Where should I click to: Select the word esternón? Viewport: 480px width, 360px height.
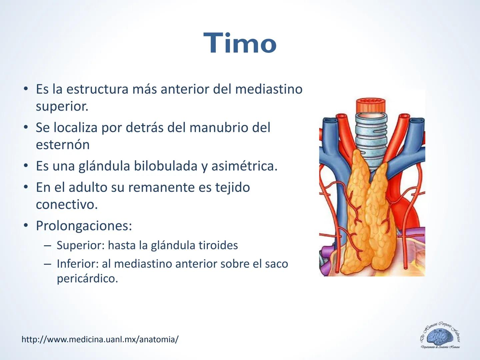(x=63, y=145)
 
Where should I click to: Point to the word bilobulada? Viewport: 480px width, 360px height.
(x=165, y=166)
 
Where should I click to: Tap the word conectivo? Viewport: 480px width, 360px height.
(x=66, y=205)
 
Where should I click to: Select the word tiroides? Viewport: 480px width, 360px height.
(x=218, y=245)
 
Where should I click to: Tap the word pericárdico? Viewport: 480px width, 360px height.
(x=87, y=279)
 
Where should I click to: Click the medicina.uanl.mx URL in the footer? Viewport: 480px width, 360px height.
(x=100, y=339)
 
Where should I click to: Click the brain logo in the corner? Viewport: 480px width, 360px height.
(x=440, y=337)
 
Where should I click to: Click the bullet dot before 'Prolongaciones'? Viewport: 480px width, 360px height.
(x=26, y=226)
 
